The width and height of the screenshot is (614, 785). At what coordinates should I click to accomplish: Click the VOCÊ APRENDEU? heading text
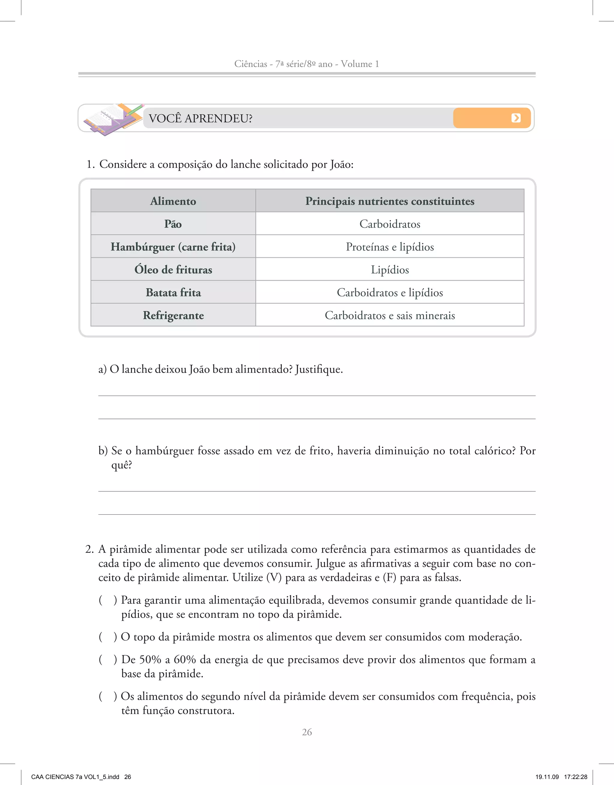click(x=200, y=118)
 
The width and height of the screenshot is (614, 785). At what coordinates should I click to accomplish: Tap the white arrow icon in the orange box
click(x=516, y=118)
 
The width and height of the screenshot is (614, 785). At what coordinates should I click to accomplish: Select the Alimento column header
click(x=173, y=201)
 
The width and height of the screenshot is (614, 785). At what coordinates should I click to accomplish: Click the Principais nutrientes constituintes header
click(x=389, y=201)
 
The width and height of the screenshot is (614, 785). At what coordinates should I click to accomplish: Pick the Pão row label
click(x=173, y=224)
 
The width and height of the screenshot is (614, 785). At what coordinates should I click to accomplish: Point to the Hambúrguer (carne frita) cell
click(x=173, y=247)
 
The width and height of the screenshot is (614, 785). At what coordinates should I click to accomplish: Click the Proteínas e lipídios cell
click(x=389, y=247)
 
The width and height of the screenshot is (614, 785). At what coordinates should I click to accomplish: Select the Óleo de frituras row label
click(x=173, y=270)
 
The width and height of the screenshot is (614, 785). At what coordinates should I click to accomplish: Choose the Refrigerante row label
click(x=173, y=315)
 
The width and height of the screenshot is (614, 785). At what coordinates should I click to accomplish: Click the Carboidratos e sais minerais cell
click(x=389, y=315)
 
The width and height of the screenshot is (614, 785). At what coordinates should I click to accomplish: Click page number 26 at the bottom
click(x=307, y=732)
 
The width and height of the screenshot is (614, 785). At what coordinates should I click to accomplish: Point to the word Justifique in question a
click(x=318, y=369)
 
